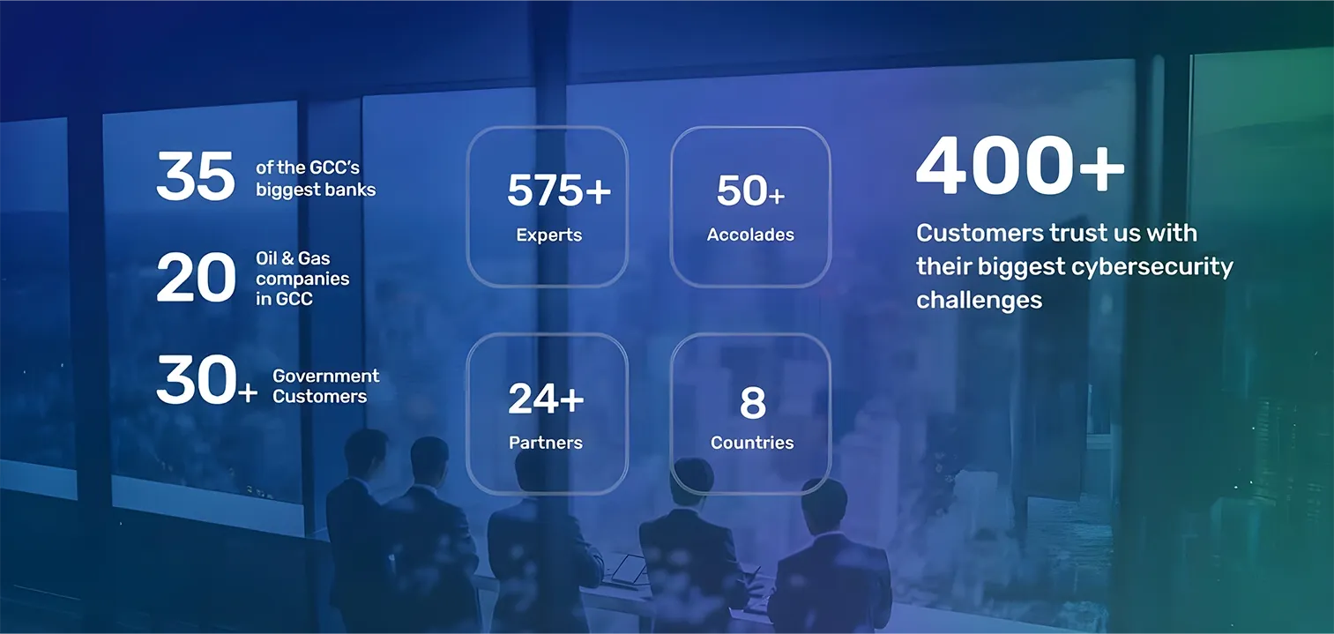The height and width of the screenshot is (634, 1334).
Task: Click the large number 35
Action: [196, 175]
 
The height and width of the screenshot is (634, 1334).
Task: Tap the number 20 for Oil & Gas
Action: [196, 278]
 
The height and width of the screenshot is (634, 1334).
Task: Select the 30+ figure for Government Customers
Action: [206, 379]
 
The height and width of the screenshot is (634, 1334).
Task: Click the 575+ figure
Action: [559, 190]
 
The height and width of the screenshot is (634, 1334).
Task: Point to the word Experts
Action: [548, 235]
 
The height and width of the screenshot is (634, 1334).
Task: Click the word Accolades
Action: [750, 235]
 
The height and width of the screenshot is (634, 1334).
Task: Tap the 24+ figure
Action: [546, 399]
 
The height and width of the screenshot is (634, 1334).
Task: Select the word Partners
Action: [546, 442]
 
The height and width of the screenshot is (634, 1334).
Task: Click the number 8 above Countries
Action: [752, 403]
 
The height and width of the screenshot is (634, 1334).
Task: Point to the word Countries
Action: [752, 442]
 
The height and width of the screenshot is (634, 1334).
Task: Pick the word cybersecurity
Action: [1152, 267]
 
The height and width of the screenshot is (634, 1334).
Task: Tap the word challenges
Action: [979, 300]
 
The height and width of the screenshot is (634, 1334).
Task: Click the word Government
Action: [325, 377]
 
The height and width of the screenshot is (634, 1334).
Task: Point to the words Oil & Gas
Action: [293, 258]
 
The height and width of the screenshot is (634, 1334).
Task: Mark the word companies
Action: [302, 279]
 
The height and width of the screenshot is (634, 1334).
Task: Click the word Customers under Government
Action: [320, 396]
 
